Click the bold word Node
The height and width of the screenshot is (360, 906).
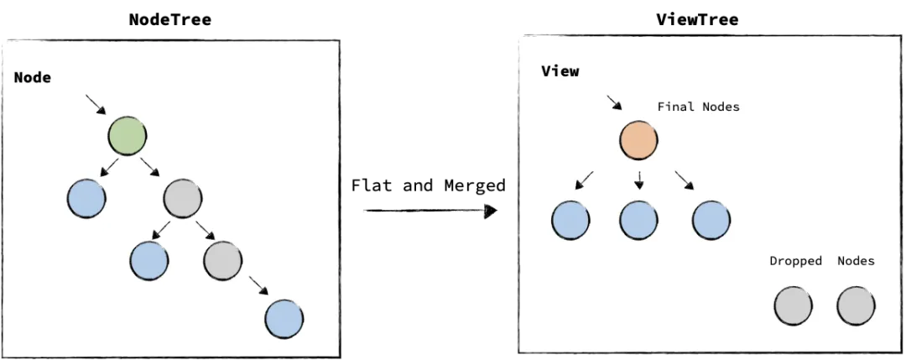[33, 77]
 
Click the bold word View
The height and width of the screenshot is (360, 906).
[560, 71]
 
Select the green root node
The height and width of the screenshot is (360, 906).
[128, 136]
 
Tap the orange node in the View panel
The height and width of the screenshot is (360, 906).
[639, 141]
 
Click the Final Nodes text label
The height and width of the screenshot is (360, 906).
[698, 107]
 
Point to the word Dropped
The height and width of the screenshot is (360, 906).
[795, 261]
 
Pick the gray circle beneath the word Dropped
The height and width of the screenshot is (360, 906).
[793, 305]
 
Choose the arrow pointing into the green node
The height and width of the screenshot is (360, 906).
[96, 105]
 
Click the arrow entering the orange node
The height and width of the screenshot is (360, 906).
[615, 101]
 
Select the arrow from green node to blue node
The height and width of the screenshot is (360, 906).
[108, 168]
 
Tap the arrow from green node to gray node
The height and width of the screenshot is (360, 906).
[151, 168]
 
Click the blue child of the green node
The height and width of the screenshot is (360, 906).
[86, 199]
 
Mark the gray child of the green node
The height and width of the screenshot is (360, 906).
[183, 199]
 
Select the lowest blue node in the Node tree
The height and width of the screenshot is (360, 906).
[284, 319]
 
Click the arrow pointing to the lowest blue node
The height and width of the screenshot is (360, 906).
[258, 287]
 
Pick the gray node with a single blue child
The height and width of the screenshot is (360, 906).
[222, 260]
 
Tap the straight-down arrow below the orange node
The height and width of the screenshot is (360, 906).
[639, 180]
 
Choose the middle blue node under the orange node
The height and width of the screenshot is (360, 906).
[639, 220]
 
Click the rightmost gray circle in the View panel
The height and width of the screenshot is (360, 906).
[857, 305]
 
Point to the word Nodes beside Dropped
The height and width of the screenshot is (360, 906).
[856, 261]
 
